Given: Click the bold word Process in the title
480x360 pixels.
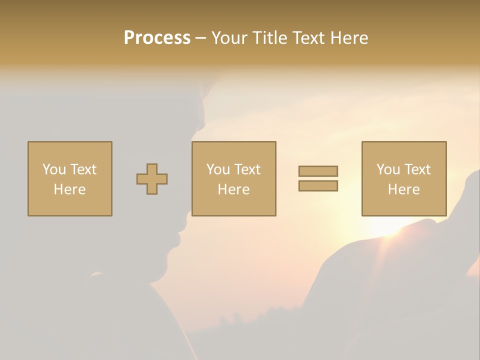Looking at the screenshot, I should (157, 38).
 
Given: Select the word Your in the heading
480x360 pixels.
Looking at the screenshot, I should (229, 38).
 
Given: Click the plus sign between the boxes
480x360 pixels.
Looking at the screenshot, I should (152, 179).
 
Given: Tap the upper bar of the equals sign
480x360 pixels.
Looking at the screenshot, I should (318, 171).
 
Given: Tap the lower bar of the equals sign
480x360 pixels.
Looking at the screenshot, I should (318, 186).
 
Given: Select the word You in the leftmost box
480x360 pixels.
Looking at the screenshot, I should (54, 169).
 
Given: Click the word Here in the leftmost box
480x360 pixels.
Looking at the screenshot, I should (69, 189).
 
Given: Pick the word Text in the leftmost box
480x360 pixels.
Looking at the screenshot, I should (83, 169).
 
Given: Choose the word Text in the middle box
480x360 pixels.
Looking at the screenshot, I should (247, 169).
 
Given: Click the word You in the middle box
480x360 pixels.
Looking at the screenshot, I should (218, 169).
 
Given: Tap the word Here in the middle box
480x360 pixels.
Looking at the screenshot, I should (233, 189).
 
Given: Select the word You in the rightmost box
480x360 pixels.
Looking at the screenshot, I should (388, 169).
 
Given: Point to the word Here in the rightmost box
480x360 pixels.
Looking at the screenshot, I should (403, 189).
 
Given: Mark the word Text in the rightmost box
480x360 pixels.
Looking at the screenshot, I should (417, 169).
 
